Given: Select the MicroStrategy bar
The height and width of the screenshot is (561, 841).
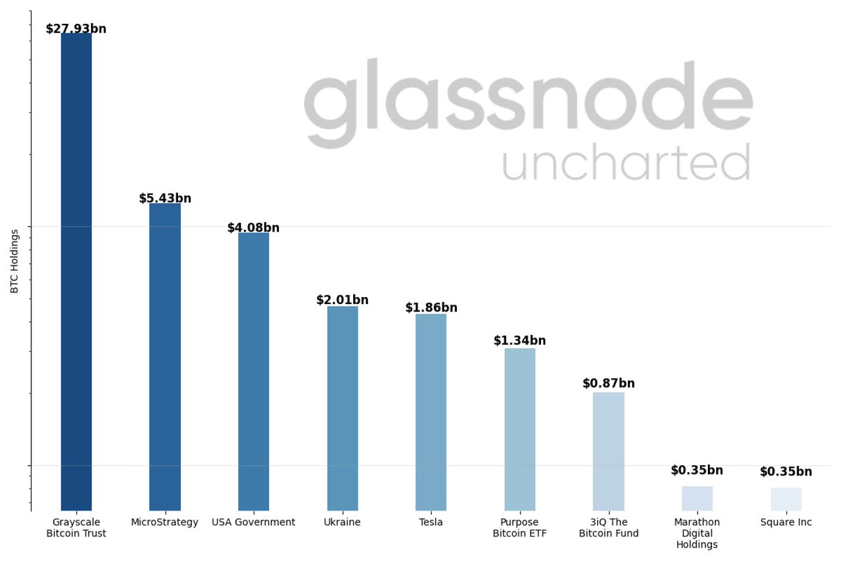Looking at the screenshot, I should pyautogui.click(x=165, y=356).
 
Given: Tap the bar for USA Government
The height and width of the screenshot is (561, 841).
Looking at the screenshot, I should pyautogui.click(x=253, y=371).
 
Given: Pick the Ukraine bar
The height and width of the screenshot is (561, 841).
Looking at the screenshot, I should pyautogui.click(x=342, y=408).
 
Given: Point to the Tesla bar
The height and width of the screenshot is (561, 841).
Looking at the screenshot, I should pyautogui.click(x=430, y=412).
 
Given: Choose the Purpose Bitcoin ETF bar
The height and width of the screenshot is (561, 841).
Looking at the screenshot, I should pyautogui.click(x=519, y=429).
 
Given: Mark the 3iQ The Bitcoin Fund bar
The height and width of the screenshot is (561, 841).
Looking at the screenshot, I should pyautogui.click(x=608, y=451).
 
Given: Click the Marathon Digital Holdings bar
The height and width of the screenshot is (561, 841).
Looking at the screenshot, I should pyautogui.click(x=697, y=498).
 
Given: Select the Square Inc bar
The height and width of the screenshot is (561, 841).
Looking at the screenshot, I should pyautogui.click(x=786, y=499).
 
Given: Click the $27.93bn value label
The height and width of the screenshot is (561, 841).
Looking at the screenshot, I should pyautogui.click(x=76, y=29).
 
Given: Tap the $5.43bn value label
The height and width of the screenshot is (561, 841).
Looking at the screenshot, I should pyautogui.click(x=165, y=198).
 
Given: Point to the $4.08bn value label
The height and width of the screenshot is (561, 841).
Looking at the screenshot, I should pyautogui.click(x=253, y=228).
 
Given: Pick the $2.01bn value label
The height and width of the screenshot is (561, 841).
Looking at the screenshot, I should pyautogui.click(x=342, y=300).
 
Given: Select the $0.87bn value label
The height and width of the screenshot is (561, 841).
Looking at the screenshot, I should pyautogui.click(x=608, y=383).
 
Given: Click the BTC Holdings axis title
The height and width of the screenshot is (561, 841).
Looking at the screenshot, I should pyautogui.click(x=15, y=261).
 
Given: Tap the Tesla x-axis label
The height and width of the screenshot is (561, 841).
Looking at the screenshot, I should pyautogui.click(x=430, y=522).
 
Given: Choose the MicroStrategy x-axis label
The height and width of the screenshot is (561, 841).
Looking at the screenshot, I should pyautogui.click(x=165, y=522).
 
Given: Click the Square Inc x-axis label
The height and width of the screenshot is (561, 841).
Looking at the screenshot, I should pyautogui.click(x=786, y=522).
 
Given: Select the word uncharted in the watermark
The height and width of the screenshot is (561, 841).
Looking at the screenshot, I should pyautogui.click(x=625, y=162).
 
